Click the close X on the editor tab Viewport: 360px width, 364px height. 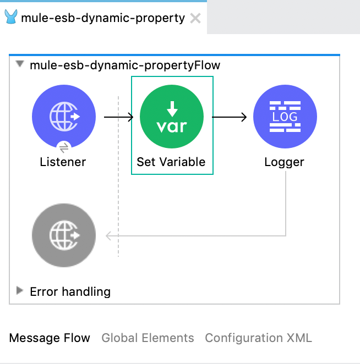pos(195,18)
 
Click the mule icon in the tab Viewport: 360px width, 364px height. pos(10,18)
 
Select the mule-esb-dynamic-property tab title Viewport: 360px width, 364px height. pos(103,18)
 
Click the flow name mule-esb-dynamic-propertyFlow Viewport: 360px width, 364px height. pos(125,65)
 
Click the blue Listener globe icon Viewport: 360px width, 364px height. pos(64,117)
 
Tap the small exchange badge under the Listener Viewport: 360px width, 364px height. pos(64,147)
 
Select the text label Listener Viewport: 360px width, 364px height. pos(63,162)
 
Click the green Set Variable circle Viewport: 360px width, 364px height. pos(172,117)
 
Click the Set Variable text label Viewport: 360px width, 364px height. pos(171,162)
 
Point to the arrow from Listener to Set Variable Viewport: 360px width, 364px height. pos(118,117)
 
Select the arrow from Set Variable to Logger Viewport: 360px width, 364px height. pos(229,117)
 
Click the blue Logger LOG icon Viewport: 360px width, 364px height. pos(285,117)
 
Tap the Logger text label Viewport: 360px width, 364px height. pos(284,162)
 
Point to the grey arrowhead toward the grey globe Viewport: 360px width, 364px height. pos(109,236)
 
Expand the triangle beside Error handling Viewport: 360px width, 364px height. pos(20,291)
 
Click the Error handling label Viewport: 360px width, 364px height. pos(70,291)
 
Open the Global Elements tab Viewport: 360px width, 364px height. pos(148,338)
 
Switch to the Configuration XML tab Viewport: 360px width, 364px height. pos(258,338)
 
